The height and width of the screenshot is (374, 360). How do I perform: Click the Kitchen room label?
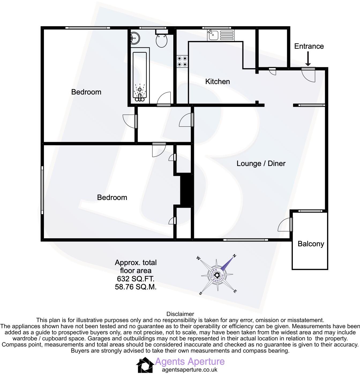coord(217,81)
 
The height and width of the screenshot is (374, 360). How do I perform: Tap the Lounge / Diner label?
coord(261,163)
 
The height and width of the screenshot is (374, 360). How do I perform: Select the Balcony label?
coord(311,244)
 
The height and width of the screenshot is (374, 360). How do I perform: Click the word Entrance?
coord(309,46)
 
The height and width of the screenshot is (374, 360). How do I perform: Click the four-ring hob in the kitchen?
coord(182,61)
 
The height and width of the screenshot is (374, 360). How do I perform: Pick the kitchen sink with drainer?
coord(220,35)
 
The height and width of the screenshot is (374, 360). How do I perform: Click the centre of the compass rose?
coord(217,275)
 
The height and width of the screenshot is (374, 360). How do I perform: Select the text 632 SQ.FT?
coord(136,279)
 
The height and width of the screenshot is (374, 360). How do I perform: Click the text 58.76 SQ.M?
coord(136,287)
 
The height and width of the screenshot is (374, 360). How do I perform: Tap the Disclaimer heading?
coord(180,314)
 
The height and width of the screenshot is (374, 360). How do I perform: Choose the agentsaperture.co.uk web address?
coord(190,370)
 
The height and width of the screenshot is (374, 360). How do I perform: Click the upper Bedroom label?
coord(86,92)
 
